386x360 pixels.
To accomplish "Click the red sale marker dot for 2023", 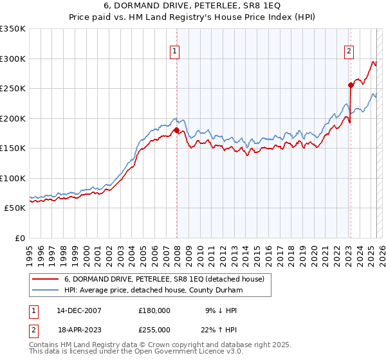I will coord(351,85).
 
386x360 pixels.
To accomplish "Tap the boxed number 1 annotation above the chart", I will coord(174,53).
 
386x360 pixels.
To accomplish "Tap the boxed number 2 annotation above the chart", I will coord(349,53).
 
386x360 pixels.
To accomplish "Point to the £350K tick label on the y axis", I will coord(13,29).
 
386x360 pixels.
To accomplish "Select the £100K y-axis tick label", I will coord(13,178).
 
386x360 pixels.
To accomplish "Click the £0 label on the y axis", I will coord(19,238).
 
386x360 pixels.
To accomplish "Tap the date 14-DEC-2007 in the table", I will coord(79,310).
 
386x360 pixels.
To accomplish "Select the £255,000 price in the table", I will coord(154,329).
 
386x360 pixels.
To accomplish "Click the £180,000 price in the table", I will coord(154,310).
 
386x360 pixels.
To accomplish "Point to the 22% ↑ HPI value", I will coord(221,329).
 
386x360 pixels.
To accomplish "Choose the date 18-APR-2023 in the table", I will coord(79,329).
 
